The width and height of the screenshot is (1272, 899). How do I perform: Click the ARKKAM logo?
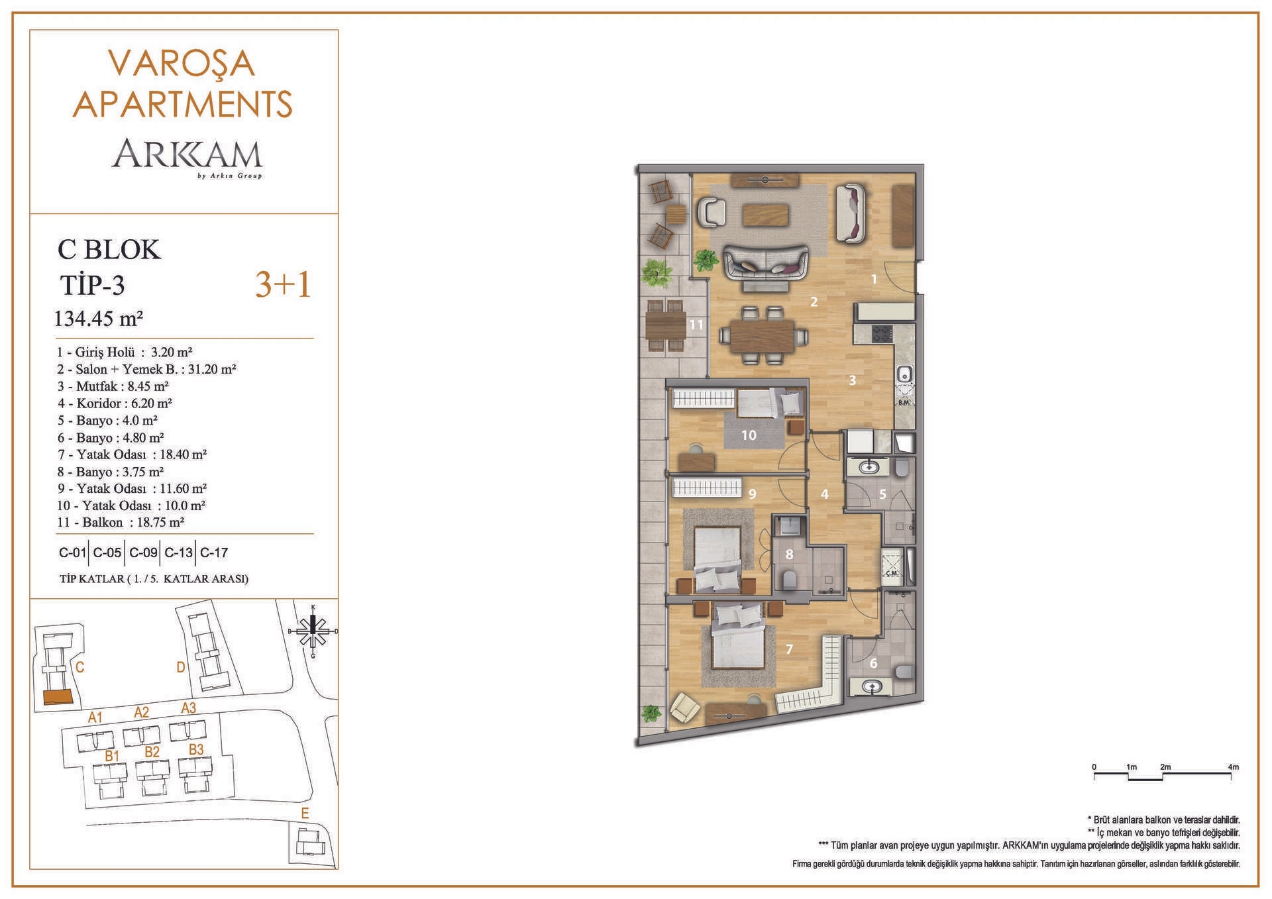tap(187, 157)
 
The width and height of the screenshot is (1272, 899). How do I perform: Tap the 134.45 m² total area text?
tap(99, 319)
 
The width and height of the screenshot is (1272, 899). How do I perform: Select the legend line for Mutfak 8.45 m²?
tap(113, 386)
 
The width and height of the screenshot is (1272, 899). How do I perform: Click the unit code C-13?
tap(178, 553)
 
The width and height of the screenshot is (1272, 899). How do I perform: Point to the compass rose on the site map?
tap(313, 631)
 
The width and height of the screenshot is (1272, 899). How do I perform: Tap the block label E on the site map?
tap(305, 814)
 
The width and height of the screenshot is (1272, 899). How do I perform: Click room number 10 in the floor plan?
tap(749, 435)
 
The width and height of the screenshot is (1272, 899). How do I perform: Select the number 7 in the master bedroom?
tap(789, 649)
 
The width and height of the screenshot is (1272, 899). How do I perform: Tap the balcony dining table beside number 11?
tap(666, 325)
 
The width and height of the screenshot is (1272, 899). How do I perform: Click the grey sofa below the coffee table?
tap(766, 262)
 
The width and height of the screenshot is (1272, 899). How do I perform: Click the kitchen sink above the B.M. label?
tap(905, 376)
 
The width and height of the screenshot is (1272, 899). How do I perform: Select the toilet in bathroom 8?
tap(789, 580)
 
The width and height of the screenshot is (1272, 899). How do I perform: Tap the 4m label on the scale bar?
tap(1233, 767)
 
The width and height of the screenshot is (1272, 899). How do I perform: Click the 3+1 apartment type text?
tap(284, 285)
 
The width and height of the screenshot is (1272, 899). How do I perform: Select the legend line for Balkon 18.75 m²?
tap(121, 522)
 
